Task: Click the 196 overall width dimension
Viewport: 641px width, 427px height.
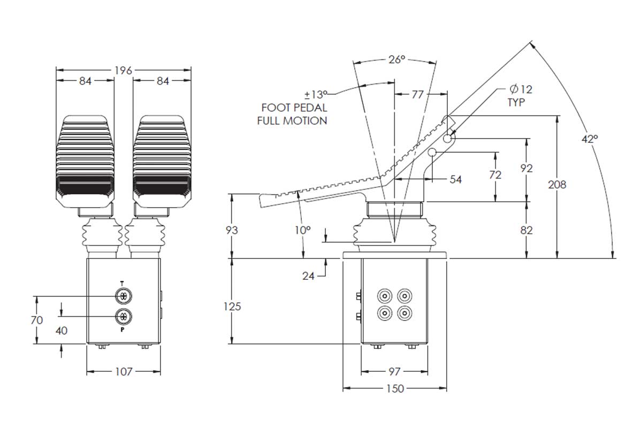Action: click(123, 70)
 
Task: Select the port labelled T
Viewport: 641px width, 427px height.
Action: click(123, 296)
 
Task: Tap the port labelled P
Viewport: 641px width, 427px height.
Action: click(123, 316)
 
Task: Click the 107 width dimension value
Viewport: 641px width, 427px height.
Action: click(124, 371)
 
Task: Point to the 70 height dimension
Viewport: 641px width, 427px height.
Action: click(37, 320)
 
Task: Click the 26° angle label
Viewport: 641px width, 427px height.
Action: click(396, 60)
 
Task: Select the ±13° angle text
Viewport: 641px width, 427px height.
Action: click(316, 95)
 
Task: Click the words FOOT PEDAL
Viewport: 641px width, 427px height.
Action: click(294, 108)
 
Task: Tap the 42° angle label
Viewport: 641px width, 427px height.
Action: click(590, 139)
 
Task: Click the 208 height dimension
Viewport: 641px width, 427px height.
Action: click(557, 185)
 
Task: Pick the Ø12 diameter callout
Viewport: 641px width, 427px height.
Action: click(521, 89)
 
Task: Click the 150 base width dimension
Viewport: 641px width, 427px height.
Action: click(395, 388)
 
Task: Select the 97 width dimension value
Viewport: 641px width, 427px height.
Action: click(394, 371)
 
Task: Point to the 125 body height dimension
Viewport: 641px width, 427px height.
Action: click(232, 306)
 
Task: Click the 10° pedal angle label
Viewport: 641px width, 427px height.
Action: click(302, 230)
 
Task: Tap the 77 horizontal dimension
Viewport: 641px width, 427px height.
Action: click(417, 95)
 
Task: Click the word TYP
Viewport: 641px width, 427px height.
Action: click(516, 102)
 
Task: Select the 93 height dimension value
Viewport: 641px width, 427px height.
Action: click(232, 230)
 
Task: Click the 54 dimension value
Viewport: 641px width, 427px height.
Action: click(455, 179)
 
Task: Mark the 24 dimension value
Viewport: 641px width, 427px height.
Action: click(308, 276)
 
